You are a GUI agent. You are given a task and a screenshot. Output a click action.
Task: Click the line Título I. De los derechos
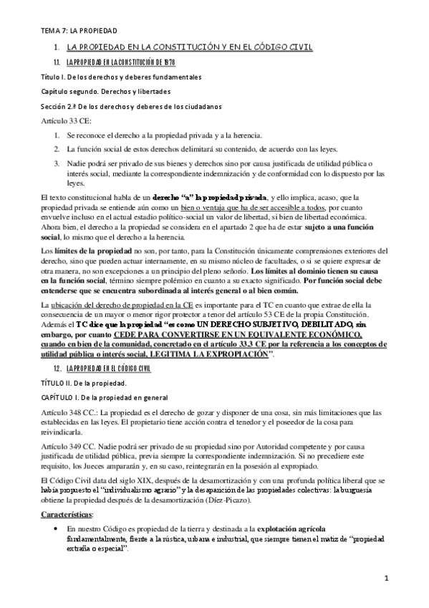(120, 77)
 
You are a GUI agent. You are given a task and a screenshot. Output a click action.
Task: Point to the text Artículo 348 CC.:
(72, 412)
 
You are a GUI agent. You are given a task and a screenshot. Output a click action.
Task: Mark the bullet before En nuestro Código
(57, 539)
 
